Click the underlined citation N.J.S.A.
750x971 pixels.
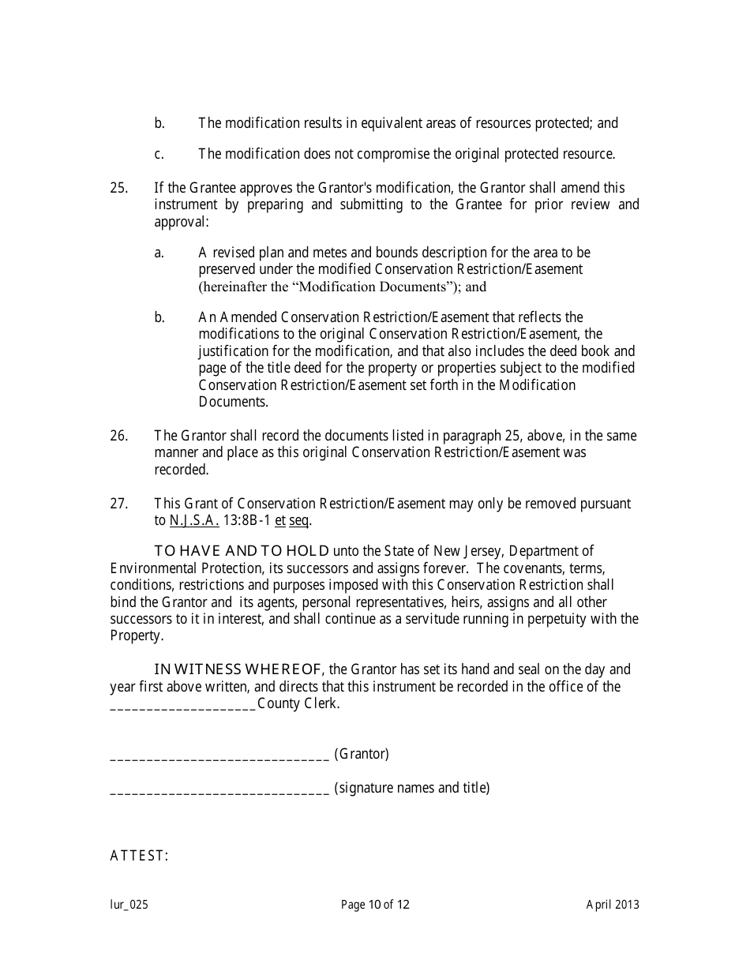point(194,521)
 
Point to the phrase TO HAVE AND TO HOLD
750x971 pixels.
point(242,552)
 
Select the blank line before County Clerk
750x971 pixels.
point(182,704)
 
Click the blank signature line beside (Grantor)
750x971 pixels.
point(219,755)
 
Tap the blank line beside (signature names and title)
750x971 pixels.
point(219,789)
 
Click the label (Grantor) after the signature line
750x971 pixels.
point(362,754)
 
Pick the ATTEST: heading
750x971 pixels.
point(139,857)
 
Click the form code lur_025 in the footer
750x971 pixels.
point(129,905)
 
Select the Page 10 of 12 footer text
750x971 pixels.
point(375,905)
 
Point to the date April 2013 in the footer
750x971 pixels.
point(613,905)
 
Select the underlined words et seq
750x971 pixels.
point(293,521)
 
